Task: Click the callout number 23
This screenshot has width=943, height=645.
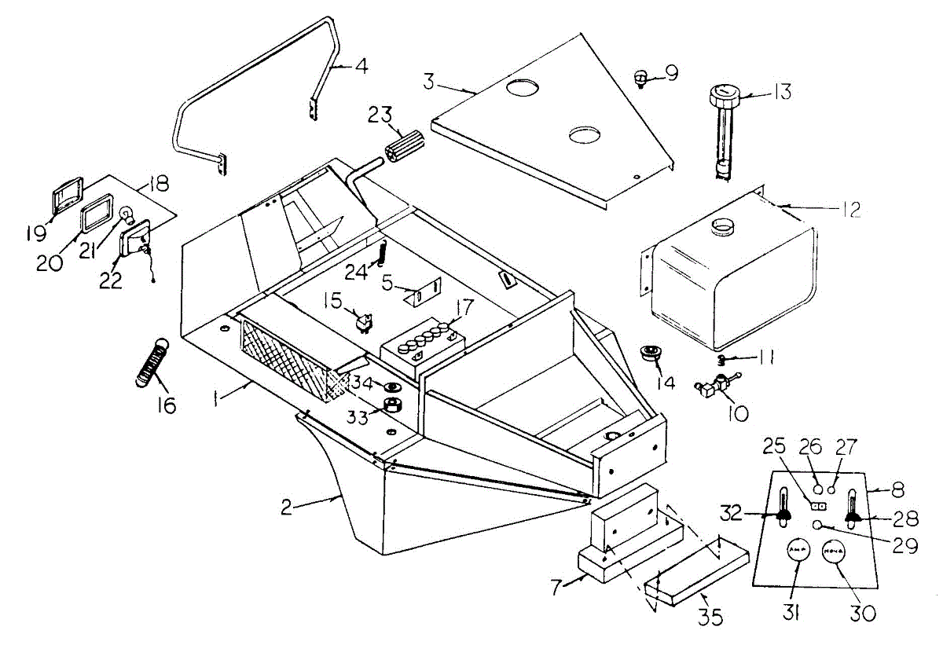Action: [x=382, y=115]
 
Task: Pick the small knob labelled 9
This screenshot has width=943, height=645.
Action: [x=641, y=77]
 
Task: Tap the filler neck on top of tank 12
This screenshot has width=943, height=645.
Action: [x=722, y=228]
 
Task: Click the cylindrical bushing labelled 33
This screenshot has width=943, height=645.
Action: [x=393, y=406]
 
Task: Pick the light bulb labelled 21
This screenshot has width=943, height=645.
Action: [x=126, y=214]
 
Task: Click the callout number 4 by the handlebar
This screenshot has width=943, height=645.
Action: [x=361, y=66]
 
